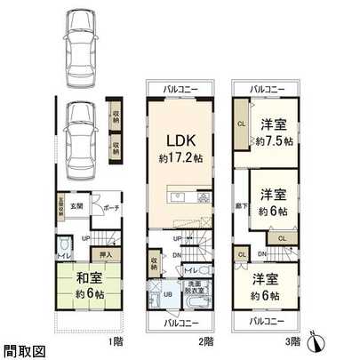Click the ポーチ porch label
point(110,208)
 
